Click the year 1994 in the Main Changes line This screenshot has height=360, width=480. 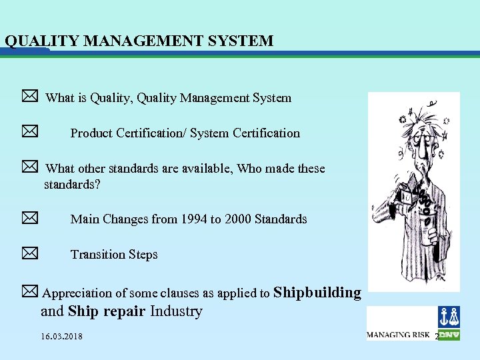pos(193,219)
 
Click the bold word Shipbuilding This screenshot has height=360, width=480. pos(317,292)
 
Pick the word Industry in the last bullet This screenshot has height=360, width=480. pos(176,311)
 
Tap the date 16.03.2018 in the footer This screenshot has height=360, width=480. pos(61,337)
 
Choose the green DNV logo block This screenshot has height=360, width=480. pos(449,335)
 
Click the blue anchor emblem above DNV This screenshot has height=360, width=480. pos(449,317)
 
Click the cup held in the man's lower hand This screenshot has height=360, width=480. pos(424,230)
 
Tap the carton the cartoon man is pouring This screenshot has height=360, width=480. pos(405,195)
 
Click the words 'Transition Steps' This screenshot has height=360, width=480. pos(114,254)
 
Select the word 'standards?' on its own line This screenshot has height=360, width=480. pos(72,184)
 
